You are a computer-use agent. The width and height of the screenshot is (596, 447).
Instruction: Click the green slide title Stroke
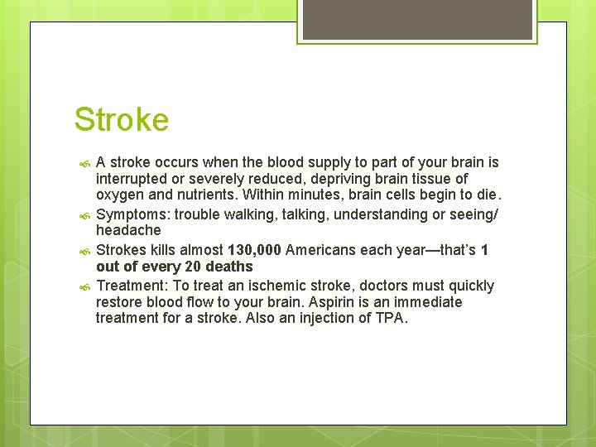point(122,120)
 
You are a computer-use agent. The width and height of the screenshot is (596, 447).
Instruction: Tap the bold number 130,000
point(254,250)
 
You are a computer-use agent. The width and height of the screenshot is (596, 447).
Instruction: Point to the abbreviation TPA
point(390,318)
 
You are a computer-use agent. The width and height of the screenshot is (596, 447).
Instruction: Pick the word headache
point(128,230)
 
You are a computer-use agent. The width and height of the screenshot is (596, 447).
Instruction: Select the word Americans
point(320,250)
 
